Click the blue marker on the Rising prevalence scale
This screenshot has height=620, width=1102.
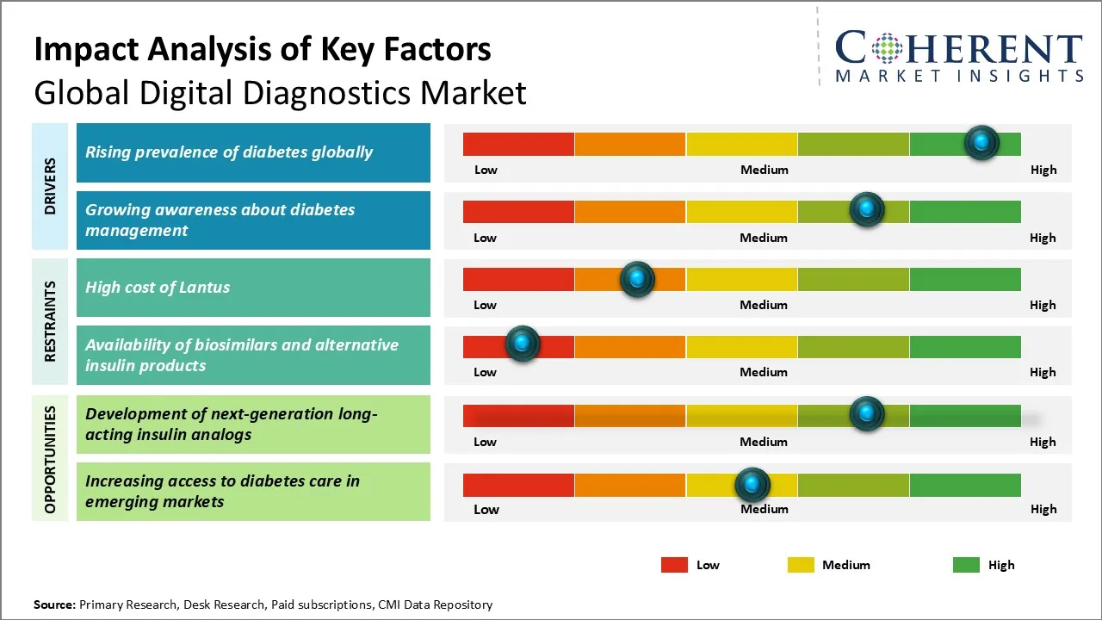tap(981, 142)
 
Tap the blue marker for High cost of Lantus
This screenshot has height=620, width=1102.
tap(637, 279)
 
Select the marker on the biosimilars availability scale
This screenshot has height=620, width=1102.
tap(522, 344)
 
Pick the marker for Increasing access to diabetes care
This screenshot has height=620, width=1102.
tap(752, 485)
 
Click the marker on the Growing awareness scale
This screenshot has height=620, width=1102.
tap(867, 209)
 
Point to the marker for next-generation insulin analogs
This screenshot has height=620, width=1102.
tap(867, 414)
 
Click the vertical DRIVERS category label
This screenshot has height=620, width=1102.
tap(50, 185)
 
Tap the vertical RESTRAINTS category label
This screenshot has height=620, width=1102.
tap(50, 321)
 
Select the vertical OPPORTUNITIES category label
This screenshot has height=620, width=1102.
tap(50, 459)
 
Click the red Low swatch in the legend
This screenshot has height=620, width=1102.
tap(674, 565)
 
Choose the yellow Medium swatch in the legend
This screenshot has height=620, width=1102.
tap(801, 565)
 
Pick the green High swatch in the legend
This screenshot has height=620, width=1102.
tap(966, 565)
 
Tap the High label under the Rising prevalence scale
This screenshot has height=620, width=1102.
tap(1043, 170)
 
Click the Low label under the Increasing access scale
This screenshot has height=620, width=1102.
tap(486, 509)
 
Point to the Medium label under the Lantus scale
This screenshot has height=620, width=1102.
tap(764, 305)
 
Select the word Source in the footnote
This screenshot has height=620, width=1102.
tap(54, 604)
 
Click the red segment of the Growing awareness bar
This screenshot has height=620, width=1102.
tap(518, 212)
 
